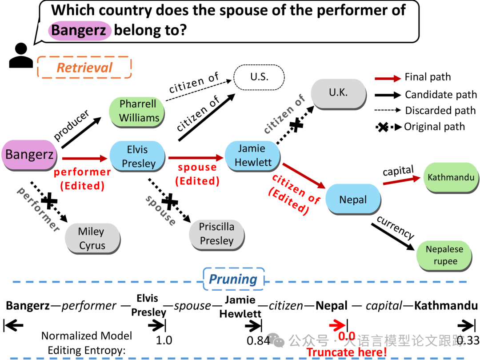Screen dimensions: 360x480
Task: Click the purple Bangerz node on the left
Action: pyautogui.click(x=29, y=155)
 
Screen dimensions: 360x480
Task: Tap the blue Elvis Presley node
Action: pyautogui.click(x=139, y=156)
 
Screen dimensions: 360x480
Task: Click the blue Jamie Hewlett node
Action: pyautogui.click(x=252, y=156)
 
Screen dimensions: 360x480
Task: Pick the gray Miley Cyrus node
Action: pyautogui.click(x=92, y=239)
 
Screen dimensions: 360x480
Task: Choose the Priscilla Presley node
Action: pyautogui.click(x=216, y=234)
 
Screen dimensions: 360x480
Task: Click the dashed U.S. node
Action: pyautogui.click(x=259, y=76)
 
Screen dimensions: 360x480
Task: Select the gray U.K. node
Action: pyautogui.click(x=338, y=93)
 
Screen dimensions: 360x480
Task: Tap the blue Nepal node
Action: pyautogui.click(x=353, y=200)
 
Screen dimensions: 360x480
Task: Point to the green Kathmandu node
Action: pyautogui.click(x=451, y=178)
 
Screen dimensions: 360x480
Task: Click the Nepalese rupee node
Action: pyautogui.click(x=444, y=255)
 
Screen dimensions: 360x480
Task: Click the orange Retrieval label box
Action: pyautogui.click(x=84, y=68)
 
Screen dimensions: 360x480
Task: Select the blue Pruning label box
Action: pyautogui.click(x=233, y=280)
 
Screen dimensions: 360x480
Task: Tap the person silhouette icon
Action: pyautogui.click(x=21, y=56)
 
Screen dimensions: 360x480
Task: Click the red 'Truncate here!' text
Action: pyautogui.click(x=346, y=352)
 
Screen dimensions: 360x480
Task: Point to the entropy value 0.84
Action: pyautogui.click(x=258, y=340)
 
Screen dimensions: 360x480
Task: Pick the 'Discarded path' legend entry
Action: pyautogui.click(x=440, y=110)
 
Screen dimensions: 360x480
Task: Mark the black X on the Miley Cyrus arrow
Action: pyautogui.click(x=49, y=201)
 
